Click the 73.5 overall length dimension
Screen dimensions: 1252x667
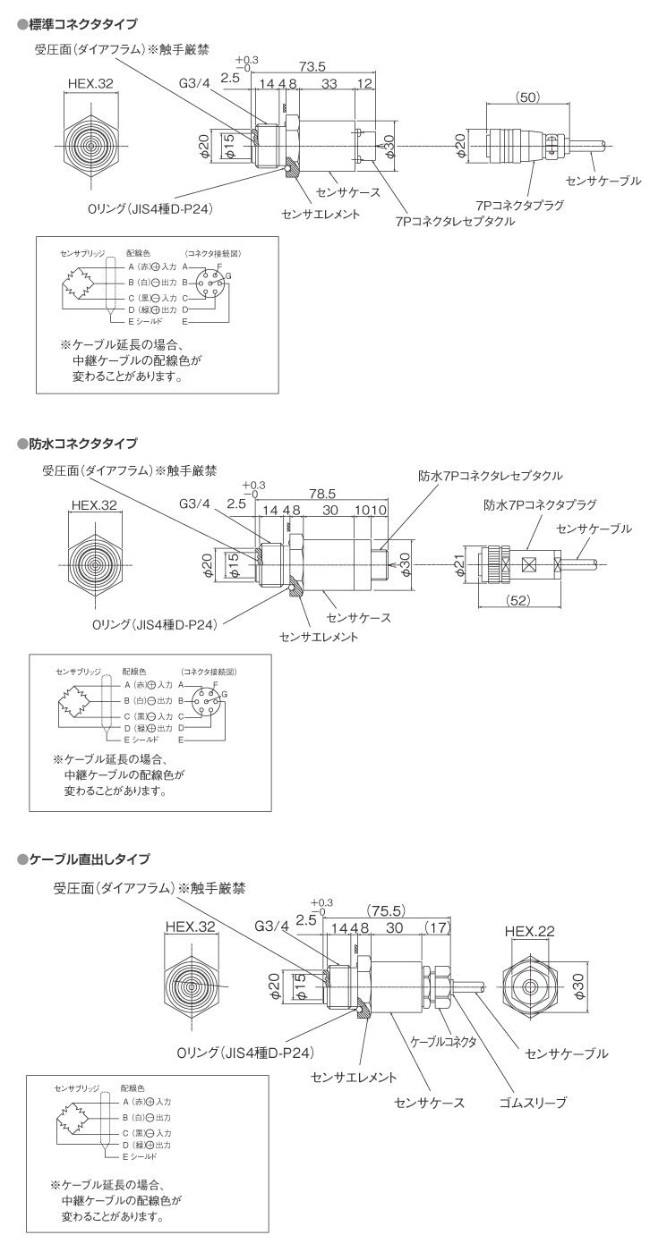[311, 66]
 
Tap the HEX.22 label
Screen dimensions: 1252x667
[530, 931]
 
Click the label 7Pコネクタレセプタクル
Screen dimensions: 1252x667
[455, 221]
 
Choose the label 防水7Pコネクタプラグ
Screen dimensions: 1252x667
[540, 504]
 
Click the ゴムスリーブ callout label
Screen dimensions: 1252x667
[533, 1103]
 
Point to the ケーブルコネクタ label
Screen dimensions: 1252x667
[442, 1043]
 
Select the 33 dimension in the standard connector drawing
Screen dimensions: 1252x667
[329, 85]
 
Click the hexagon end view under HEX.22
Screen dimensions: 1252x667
[530, 988]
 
